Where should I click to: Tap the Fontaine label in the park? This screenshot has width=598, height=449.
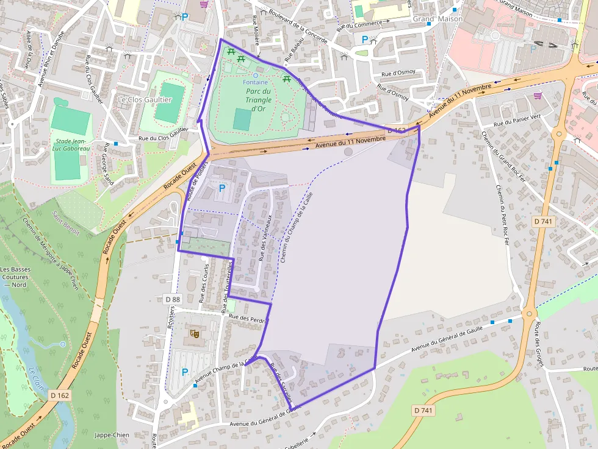(x=255, y=82)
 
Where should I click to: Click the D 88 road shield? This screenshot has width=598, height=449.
(x=173, y=299)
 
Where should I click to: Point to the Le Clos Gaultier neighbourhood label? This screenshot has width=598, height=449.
(x=145, y=99)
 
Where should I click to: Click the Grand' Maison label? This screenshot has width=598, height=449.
(x=438, y=19)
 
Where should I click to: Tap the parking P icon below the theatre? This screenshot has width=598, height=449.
(x=184, y=372)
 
